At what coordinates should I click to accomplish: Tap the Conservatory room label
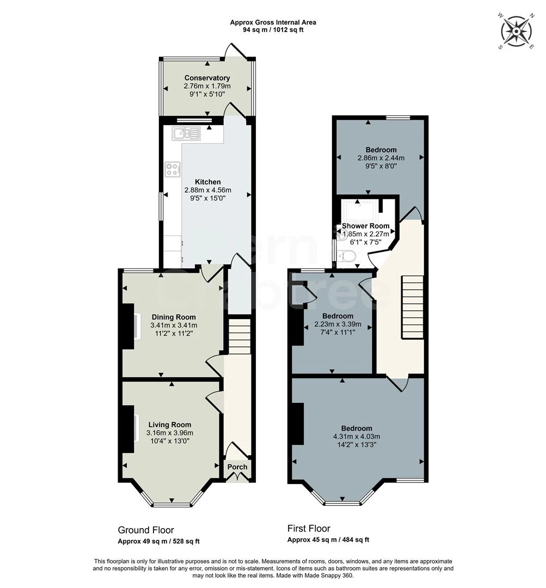(x=207, y=78)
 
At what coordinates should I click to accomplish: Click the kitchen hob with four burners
(x=173, y=169)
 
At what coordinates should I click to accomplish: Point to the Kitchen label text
(x=208, y=182)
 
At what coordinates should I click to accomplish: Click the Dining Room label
(x=173, y=317)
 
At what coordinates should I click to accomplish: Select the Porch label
(x=237, y=467)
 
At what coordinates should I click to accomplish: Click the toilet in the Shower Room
(x=347, y=256)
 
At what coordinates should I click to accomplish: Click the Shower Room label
(x=365, y=226)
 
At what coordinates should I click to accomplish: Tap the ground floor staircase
(x=238, y=336)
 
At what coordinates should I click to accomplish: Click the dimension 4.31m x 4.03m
(x=357, y=437)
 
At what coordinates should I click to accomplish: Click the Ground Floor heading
(x=146, y=530)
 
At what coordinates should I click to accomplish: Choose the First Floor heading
(x=309, y=528)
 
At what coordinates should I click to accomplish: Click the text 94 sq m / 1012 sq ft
(x=273, y=30)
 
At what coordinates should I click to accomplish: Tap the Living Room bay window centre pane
(x=172, y=504)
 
